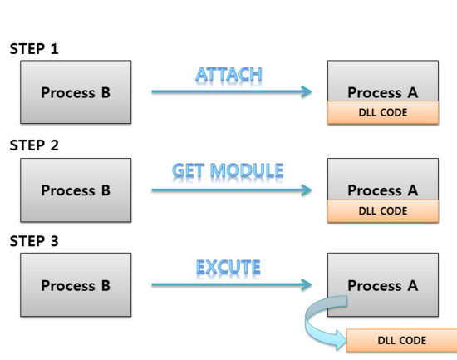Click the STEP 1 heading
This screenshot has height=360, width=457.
pyautogui.click(x=34, y=49)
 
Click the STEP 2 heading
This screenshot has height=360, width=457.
pyautogui.click(x=34, y=145)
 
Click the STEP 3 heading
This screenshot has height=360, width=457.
pyautogui.click(x=34, y=242)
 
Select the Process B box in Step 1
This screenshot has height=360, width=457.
pyautogui.click(x=76, y=92)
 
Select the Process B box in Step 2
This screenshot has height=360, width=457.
pyautogui.click(x=76, y=190)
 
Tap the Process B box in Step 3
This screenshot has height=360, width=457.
pyautogui.click(x=76, y=285)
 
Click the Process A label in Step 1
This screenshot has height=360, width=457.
pyautogui.click(x=382, y=92)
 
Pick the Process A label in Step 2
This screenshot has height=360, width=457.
pyautogui.click(x=382, y=190)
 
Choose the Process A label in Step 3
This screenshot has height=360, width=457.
pyautogui.click(x=382, y=285)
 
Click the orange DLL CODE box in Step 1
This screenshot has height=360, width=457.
pyautogui.click(x=383, y=112)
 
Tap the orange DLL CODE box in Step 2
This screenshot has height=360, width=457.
pyautogui.click(x=383, y=210)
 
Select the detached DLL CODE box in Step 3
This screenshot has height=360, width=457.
pyautogui.click(x=401, y=341)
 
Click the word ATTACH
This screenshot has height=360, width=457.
pyautogui.click(x=228, y=75)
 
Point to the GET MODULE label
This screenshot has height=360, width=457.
pyautogui.click(x=228, y=171)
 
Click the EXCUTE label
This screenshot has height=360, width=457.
pyautogui.click(x=228, y=268)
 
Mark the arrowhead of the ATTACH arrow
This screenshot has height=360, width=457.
pyautogui.click(x=307, y=92)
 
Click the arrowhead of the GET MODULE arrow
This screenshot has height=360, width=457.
pyautogui.click(x=307, y=190)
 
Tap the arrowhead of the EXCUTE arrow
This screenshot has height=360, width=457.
pyautogui.click(x=307, y=285)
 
